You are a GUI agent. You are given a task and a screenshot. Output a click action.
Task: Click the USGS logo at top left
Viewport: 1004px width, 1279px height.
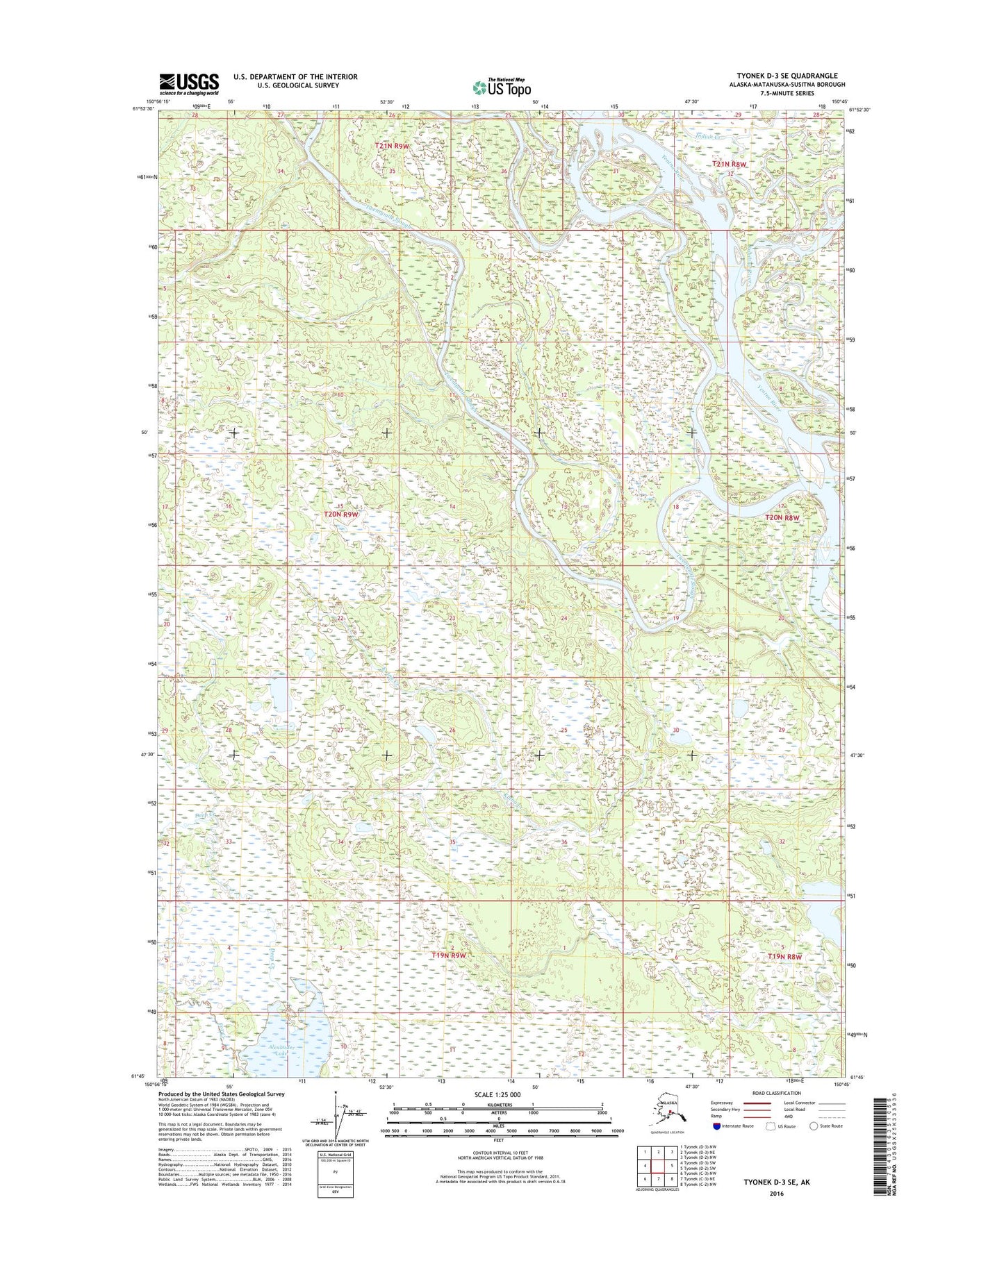tap(189, 84)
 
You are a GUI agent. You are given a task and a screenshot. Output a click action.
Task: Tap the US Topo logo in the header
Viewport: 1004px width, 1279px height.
tap(502, 87)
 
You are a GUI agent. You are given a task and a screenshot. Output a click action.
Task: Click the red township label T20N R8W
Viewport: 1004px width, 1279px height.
tap(783, 517)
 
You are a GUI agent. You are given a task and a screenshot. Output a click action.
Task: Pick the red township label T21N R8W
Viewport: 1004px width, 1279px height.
tap(730, 164)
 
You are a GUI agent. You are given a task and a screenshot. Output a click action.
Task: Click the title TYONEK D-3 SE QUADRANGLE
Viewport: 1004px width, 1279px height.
tap(787, 76)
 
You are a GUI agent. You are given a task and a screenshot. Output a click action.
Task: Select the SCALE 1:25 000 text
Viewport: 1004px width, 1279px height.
tap(497, 1095)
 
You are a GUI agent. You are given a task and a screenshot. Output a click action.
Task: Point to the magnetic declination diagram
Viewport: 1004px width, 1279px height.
tap(336, 1125)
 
